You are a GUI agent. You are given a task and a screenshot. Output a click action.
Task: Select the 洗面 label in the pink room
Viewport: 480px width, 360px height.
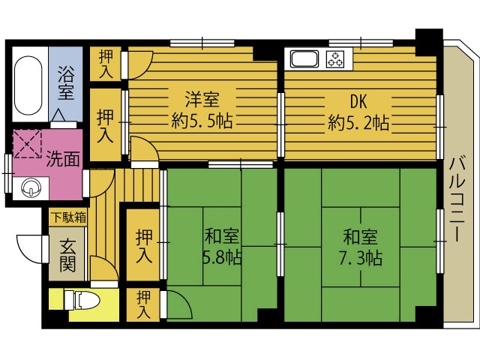(63, 158)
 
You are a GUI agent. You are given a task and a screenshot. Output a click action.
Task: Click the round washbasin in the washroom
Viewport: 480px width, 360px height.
(31, 187)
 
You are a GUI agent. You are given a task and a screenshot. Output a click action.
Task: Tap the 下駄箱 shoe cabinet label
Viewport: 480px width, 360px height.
(68, 217)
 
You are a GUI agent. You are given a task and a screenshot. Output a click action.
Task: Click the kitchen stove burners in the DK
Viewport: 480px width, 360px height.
(338, 58)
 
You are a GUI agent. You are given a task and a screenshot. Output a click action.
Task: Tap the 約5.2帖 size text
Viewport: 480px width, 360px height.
(358, 122)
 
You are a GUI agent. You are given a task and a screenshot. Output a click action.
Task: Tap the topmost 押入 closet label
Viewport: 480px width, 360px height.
(106, 64)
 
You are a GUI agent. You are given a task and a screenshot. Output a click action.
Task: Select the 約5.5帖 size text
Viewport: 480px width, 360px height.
(201, 121)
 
